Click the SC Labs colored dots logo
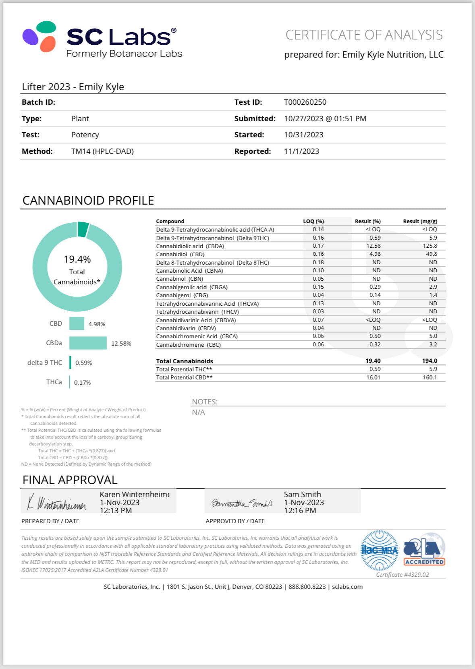(39, 36)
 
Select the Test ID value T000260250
(305, 102)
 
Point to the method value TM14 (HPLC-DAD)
(102, 151)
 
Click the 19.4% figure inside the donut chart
(77, 259)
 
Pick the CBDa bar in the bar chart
(88, 343)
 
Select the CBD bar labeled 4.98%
(77, 324)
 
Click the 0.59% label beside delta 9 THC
(84, 363)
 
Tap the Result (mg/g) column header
(420, 221)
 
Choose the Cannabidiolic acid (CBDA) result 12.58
(373, 246)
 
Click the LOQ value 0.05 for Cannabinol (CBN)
(318, 279)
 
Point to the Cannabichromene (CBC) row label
(188, 345)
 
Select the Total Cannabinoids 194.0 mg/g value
(429, 361)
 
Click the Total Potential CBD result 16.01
(373, 377)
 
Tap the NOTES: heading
(205, 402)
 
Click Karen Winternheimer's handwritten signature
(57, 503)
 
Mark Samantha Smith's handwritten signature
(242, 503)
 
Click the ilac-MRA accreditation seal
(379, 551)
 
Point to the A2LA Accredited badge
(424, 551)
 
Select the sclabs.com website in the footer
(347, 587)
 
